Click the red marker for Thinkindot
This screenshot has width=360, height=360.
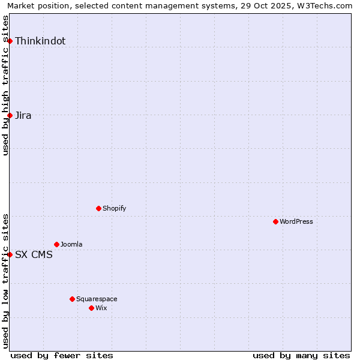[x=10, y=41]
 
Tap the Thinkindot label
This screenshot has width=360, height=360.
[x=40, y=41]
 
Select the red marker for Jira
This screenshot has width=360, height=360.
[x=10, y=115]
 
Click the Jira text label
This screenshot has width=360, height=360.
[x=23, y=116]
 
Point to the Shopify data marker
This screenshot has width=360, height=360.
[x=98, y=208]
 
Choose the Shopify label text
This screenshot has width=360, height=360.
[x=114, y=209]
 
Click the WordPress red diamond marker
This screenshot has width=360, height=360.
[x=275, y=221]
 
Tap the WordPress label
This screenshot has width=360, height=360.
[x=296, y=222]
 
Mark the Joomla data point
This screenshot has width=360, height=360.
[x=56, y=244]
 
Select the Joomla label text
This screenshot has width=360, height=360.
[x=71, y=245]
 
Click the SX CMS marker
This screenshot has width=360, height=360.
[x=10, y=254]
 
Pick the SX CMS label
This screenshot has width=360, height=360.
[x=34, y=255]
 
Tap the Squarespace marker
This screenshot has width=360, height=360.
[x=72, y=299]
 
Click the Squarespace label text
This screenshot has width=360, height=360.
[x=97, y=299]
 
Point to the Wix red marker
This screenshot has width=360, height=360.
[x=91, y=308]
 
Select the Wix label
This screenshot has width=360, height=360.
[x=101, y=308]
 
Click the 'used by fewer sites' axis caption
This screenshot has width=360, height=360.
[x=62, y=355]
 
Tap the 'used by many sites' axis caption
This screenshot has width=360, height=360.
[x=301, y=355]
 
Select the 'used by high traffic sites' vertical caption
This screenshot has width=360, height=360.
[x=6, y=85]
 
